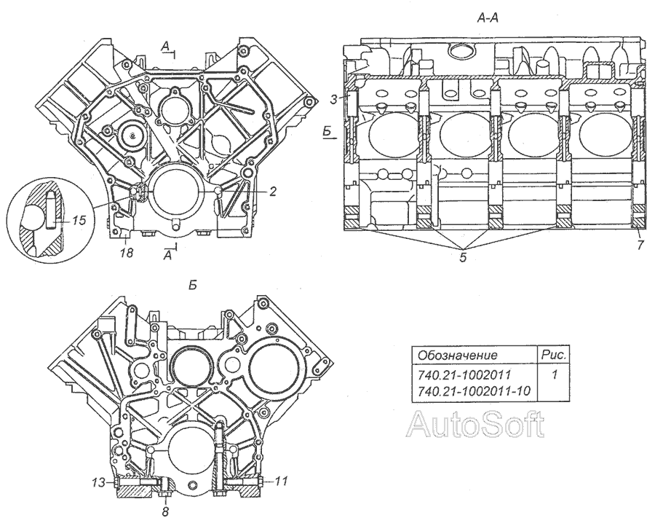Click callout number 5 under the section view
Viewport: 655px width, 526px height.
point(463,257)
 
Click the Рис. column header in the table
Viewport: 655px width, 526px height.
point(554,355)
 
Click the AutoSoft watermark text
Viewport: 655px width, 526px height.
point(476,424)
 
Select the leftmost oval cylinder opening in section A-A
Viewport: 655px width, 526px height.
point(393,136)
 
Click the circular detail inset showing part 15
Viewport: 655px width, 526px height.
point(45,219)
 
